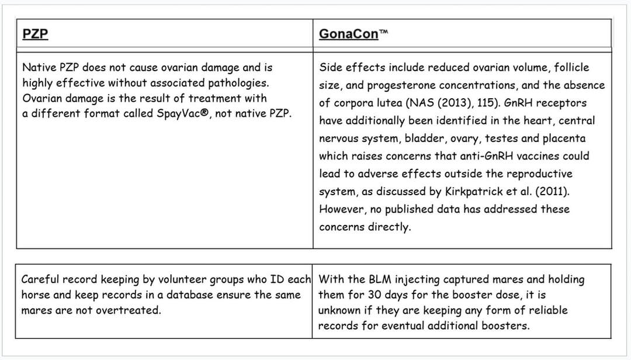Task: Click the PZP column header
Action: (x=35, y=34)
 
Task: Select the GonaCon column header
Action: (x=349, y=34)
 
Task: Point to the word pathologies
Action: (x=238, y=82)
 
